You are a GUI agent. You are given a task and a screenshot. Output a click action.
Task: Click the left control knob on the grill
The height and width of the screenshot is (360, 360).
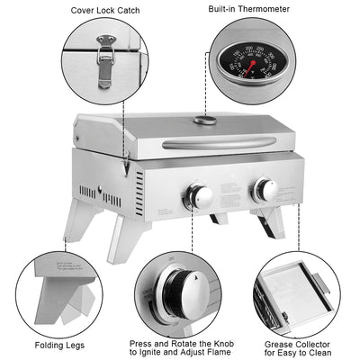coord(199,196)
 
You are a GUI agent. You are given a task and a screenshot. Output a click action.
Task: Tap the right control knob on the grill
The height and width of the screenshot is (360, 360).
coord(265,189)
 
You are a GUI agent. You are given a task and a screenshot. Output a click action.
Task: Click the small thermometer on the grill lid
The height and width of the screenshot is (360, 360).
coord(205,120)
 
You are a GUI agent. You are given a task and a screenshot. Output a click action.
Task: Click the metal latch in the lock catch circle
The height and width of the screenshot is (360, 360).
coord(105,58)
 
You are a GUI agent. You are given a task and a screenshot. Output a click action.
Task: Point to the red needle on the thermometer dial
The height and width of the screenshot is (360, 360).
coord(253,64)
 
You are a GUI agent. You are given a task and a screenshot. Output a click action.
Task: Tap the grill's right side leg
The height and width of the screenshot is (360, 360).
coord(269,220)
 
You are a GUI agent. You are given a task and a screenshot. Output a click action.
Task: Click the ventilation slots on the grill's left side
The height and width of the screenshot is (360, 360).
coord(88,193)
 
